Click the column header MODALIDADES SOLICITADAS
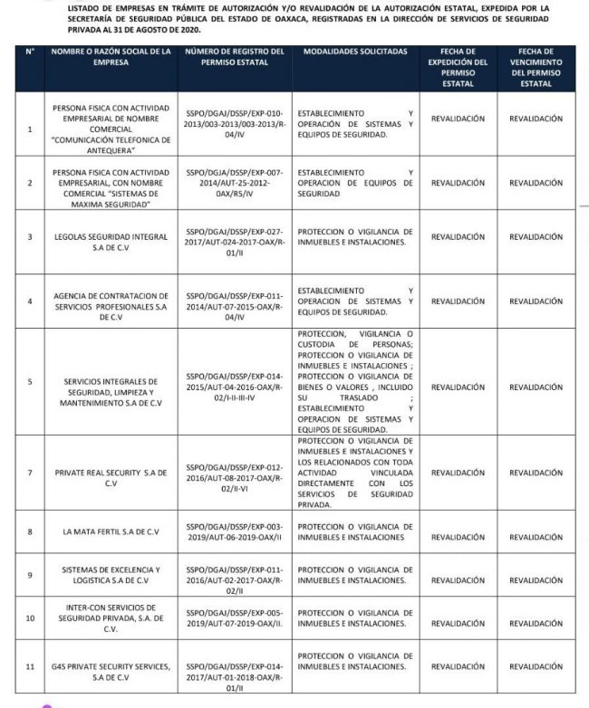(x=353, y=52)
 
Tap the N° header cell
(x=30, y=52)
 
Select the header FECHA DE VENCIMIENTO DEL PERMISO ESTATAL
(x=536, y=68)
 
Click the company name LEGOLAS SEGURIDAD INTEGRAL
(x=110, y=237)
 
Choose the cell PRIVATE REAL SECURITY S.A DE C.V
(x=110, y=473)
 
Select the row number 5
(x=30, y=381)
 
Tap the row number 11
(x=30, y=666)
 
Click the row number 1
(x=30, y=129)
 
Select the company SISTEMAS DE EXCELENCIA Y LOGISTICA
(x=110, y=575)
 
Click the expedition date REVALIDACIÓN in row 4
(x=458, y=301)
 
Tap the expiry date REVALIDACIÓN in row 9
(x=536, y=575)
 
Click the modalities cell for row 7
(x=353, y=473)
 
